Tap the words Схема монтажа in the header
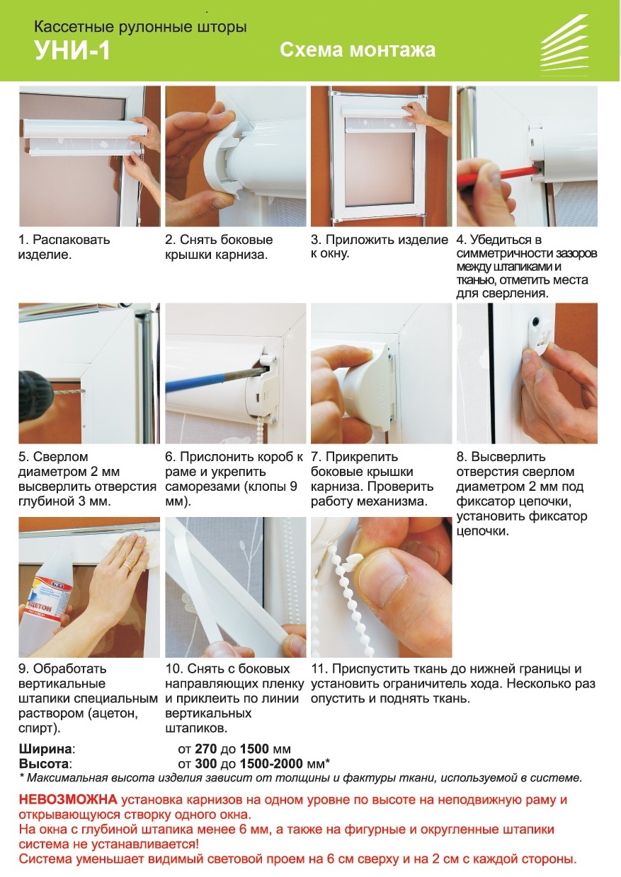point(358,50)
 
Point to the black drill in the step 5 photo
point(36,396)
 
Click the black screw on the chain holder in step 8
point(536,323)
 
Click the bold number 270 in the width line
point(205,748)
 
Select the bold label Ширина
point(45,748)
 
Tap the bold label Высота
point(44,763)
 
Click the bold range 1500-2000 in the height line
point(272,763)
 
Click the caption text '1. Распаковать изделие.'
point(64,247)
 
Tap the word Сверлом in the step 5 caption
point(60,456)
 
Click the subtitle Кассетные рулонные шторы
point(140,27)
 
